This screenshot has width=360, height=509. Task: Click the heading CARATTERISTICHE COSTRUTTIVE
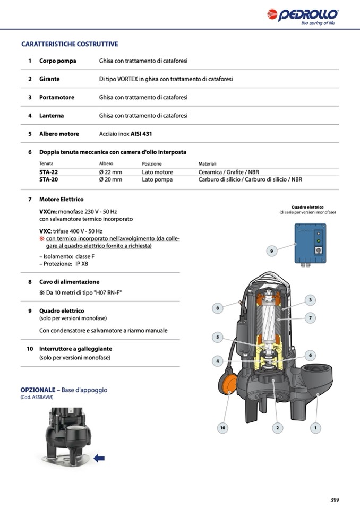pyautogui.click(x=70, y=44)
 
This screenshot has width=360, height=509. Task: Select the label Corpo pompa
pyautogui.click(x=57, y=61)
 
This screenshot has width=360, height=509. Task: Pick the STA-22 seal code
pyautogui.click(x=49, y=172)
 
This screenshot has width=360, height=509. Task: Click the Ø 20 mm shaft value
pyautogui.click(x=110, y=180)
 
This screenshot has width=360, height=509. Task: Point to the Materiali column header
pyautogui.click(x=207, y=164)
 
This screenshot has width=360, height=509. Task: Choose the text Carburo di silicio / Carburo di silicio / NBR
pyautogui.click(x=250, y=180)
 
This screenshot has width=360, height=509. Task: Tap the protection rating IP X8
pyautogui.click(x=81, y=264)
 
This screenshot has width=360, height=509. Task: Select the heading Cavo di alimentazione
pyautogui.click(x=69, y=282)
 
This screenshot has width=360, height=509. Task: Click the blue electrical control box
pyautogui.click(x=310, y=243)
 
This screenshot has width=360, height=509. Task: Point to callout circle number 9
pyautogui.click(x=271, y=252)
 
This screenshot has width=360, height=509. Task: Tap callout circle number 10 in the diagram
pyautogui.click(x=222, y=427)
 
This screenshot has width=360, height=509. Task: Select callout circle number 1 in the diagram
pyautogui.click(x=315, y=427)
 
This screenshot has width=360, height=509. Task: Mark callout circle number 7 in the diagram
pyautogui.click(x=310, y=318)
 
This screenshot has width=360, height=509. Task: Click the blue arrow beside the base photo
pyautogui.click(x=99, y=458)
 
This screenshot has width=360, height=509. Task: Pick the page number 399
pyautogui.click(x=335, y=499)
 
